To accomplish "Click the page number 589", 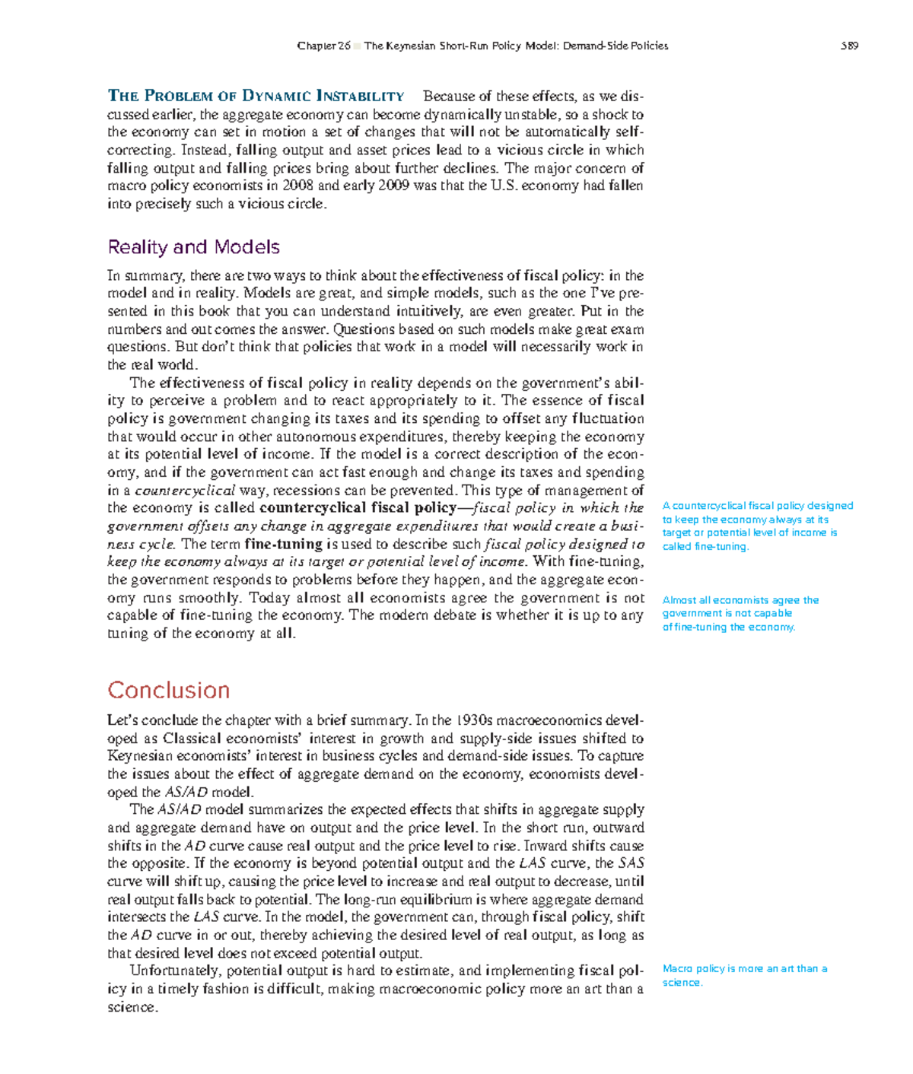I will click(849, 46).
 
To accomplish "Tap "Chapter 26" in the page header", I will click(323, 46).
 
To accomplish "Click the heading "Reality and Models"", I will click(193, 247).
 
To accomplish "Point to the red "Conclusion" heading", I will click(168, 690).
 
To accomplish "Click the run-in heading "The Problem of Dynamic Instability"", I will click(256, 96).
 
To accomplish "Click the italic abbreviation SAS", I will click(631, 863).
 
